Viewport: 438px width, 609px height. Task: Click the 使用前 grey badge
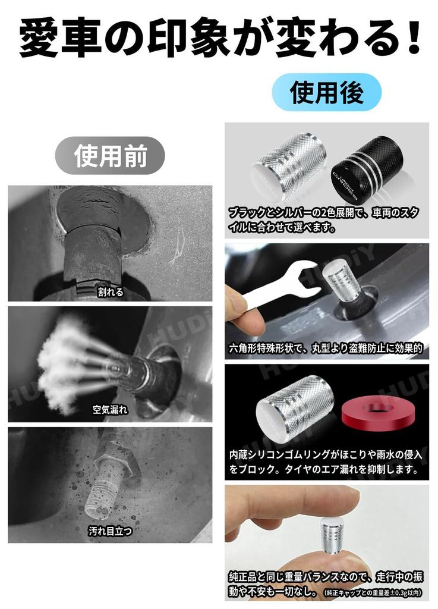pyautogui.click(x=110, y=155)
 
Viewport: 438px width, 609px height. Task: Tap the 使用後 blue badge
pyautogui.click(x=326, y=92)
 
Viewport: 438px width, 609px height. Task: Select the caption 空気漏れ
pyautogui.click(x=110, y=410)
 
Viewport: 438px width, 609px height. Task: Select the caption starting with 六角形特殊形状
pyautogui.click(x=326, y=349)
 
